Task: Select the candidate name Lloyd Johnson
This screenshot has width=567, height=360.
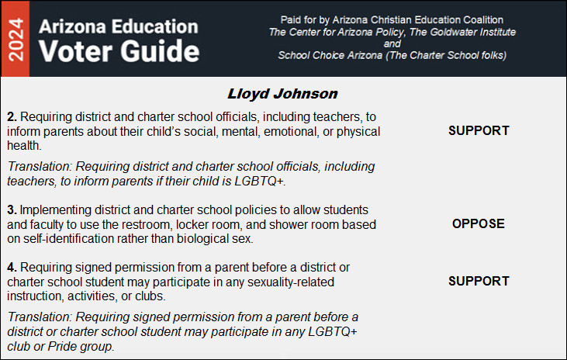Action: tap(283, 94)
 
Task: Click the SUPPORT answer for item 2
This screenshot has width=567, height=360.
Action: tap(479, 130)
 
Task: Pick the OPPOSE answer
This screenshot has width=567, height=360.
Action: tap(479, 223)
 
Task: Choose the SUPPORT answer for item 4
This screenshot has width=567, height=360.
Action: tap(479, 281)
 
